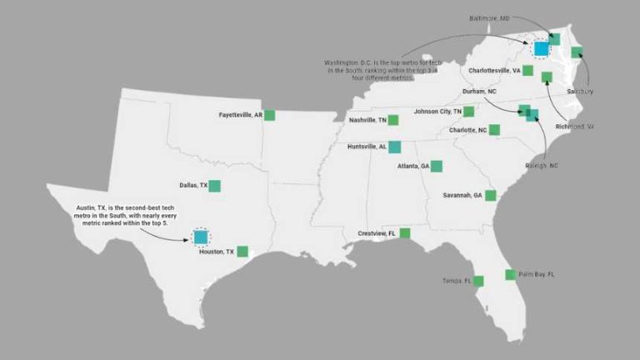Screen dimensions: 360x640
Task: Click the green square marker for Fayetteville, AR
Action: coord(269,115)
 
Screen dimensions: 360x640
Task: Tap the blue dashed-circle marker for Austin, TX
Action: coord(200,237)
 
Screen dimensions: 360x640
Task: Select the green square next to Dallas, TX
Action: coord(214,186)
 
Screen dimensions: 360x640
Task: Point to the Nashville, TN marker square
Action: coord(392,120)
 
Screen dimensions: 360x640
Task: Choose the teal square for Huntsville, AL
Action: coord(394,147)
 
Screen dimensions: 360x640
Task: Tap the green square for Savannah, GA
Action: coord(491,196)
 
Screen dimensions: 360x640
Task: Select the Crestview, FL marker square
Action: coord(404,233)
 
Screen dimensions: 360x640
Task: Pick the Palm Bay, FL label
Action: coord(537,274)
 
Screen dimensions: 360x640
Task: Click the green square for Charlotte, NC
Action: coord(494,130)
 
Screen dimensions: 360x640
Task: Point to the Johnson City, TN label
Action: coord(437,111)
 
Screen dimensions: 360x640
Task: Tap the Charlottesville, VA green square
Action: coord(527,70)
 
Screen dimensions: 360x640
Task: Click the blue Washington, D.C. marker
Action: coord(541,48)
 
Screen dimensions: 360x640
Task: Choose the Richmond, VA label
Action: coord(575,127)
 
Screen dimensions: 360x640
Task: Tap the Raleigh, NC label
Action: coord(542,166)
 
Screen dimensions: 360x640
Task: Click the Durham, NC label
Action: coord(480,91)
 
